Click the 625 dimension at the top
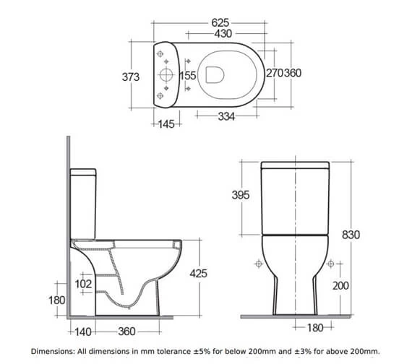(x=220, y=23)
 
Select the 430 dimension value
(x=223, y=34)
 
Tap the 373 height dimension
(x=131, y=77)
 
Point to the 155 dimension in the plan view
(x=188, y=76)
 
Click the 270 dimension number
(x=275, y=73)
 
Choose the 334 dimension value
(x=226, y=116)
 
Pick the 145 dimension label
(x=166, y=124)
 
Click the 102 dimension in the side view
(x=83, y=284)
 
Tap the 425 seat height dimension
(x=198, y=274)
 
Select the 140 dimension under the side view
(x=83, y=331)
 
